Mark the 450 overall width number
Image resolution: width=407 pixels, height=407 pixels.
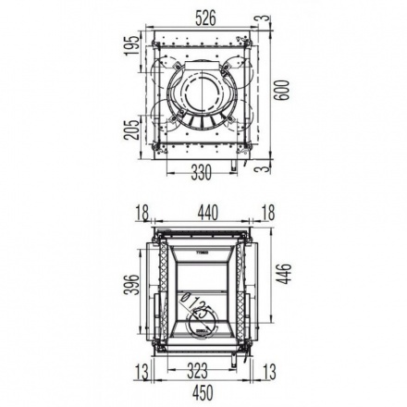(203, 392)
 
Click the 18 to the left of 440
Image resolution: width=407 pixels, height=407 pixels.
(141, 213)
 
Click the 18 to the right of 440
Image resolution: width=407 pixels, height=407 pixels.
(267, 213)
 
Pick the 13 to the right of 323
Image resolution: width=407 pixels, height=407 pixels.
(269, 372)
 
